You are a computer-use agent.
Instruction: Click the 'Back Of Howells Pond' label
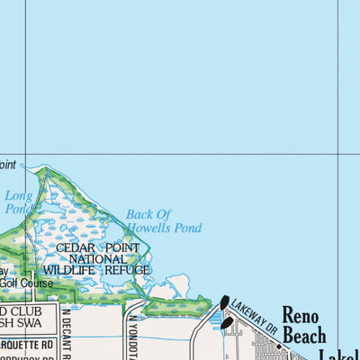(x=163, y=221)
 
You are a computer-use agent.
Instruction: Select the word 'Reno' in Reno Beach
(x=301, y=314)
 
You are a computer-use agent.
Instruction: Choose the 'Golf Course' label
(x=25, y=283)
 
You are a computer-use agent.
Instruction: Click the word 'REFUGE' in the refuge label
(x=126, y=270)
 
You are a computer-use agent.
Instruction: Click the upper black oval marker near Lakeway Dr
(x=224, y=302)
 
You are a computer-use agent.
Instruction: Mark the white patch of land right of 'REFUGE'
(x=176, y=287)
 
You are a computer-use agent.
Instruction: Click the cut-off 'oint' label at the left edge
(x=7, y=165)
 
